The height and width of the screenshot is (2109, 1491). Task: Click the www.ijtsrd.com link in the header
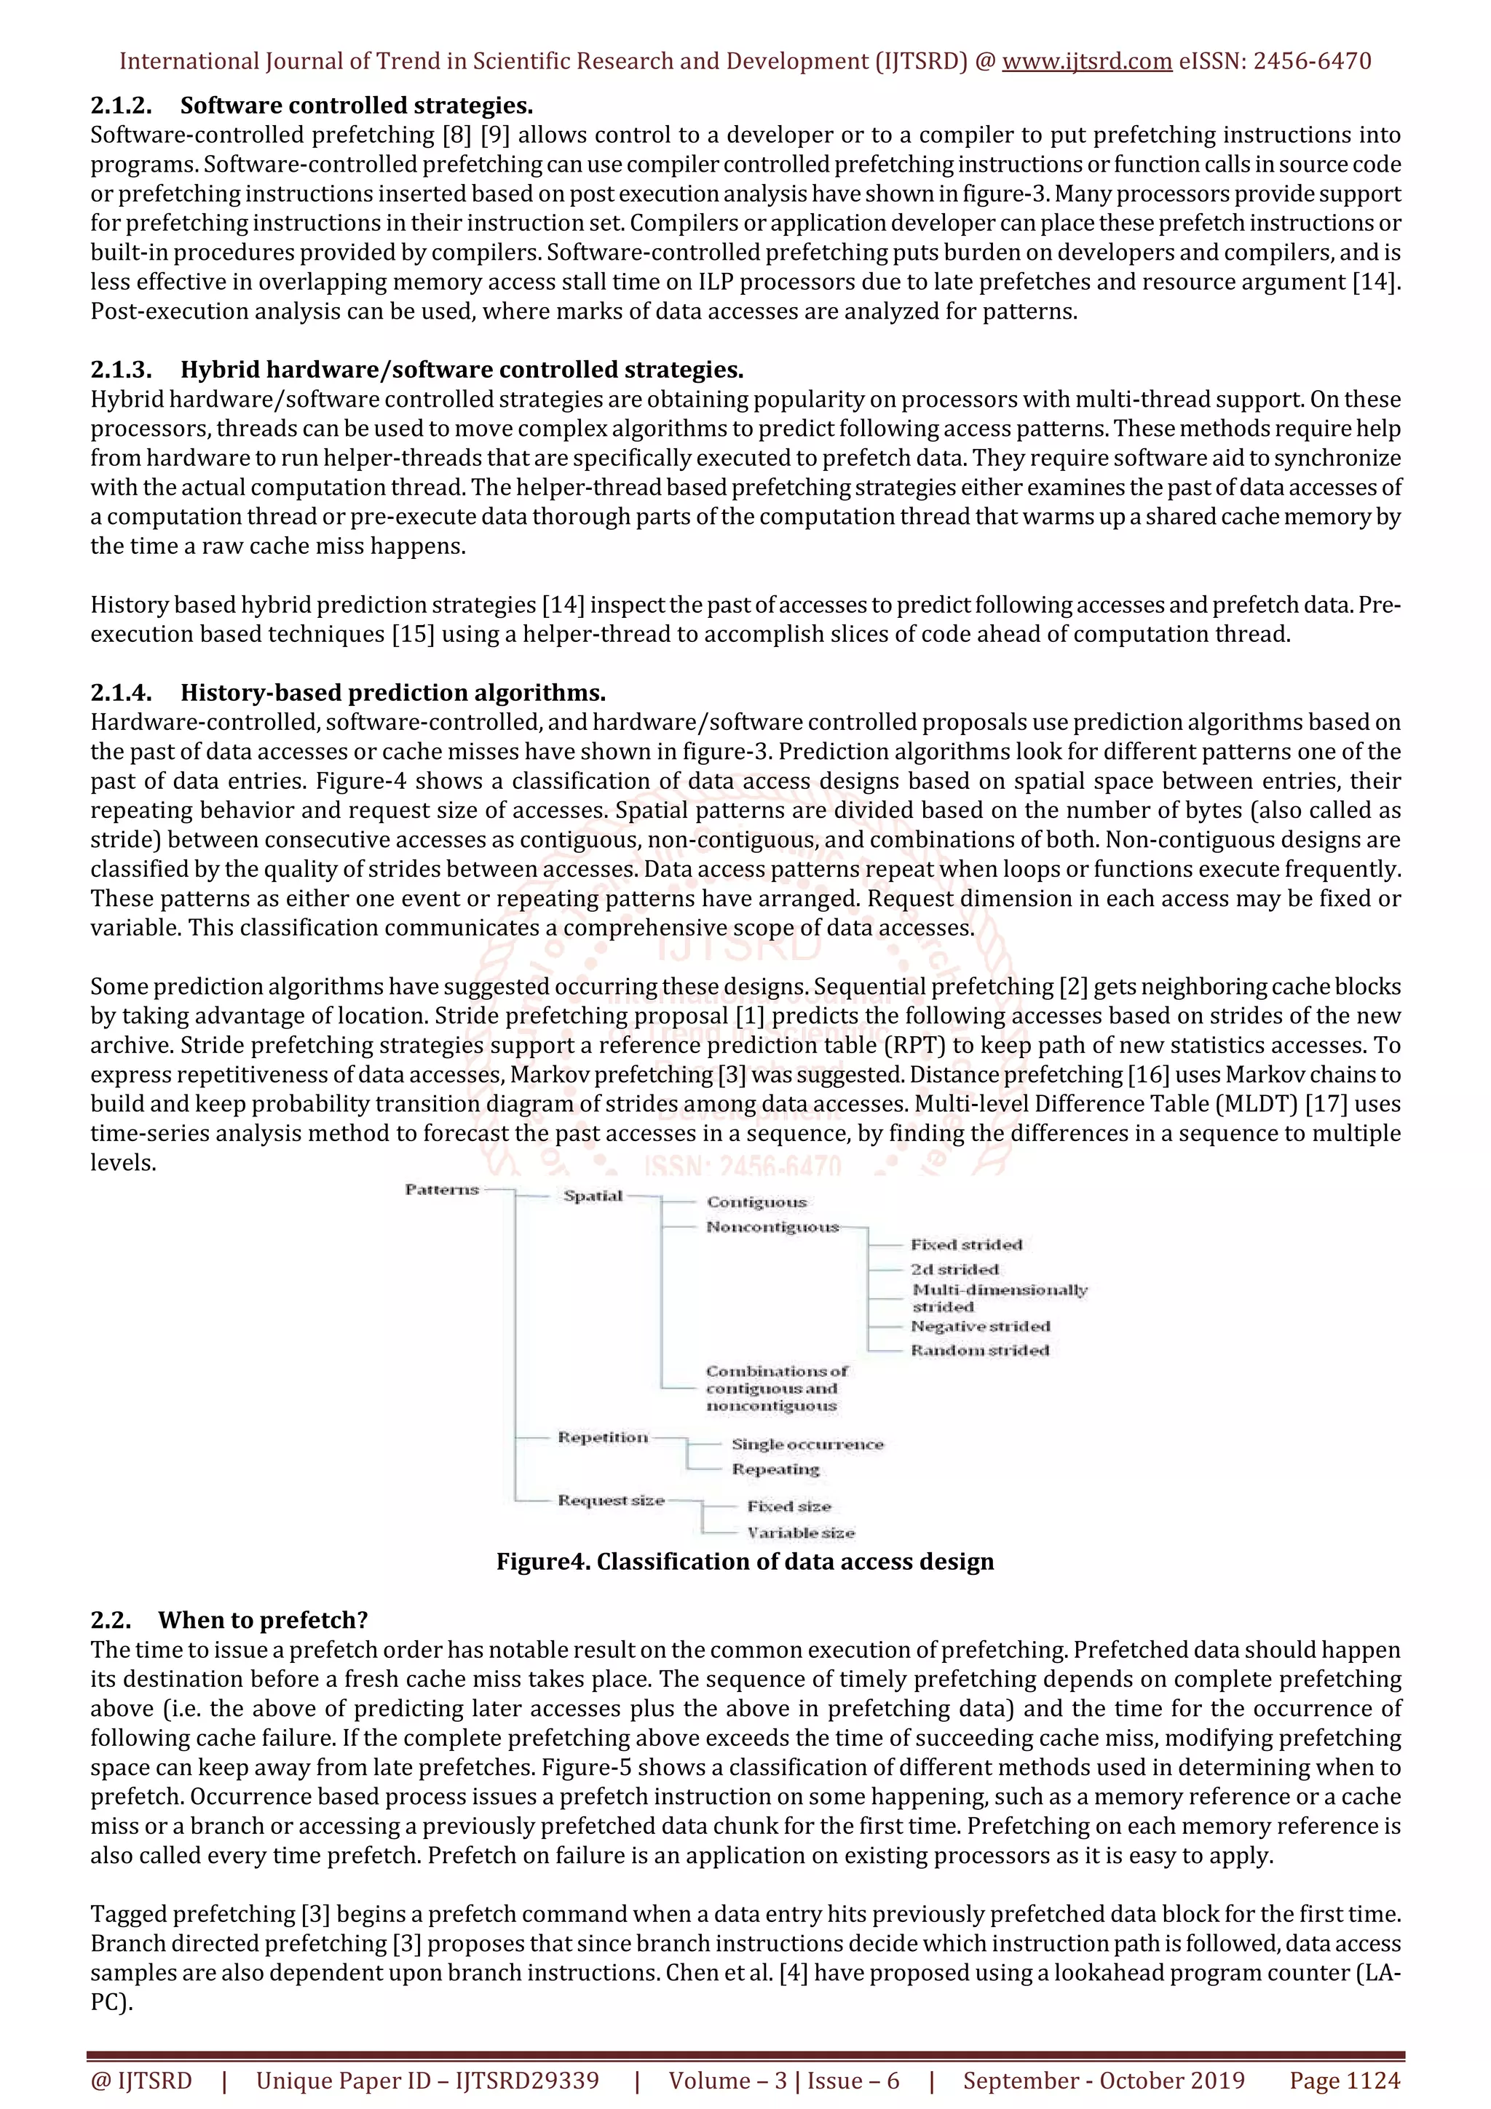tap(1086, 62)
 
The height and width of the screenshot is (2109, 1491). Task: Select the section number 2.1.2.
tap(120, 106)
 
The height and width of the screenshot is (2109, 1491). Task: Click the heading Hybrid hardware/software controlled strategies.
tap(461, 370)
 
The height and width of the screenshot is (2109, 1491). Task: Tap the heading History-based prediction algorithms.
tap(392, 693)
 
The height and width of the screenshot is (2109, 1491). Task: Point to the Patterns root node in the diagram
tap(442, 1190)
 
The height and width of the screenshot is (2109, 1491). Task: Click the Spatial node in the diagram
tap(593, 1196)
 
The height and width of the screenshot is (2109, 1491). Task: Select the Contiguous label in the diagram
tap(756, 1202)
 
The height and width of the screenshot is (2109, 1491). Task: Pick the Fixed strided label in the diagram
tap(965, 1244)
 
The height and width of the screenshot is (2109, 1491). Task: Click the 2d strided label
tap(954, 1269)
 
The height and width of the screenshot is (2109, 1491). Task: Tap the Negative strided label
tap(979, 1327)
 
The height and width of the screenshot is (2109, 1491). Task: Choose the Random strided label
tap(979, 1350)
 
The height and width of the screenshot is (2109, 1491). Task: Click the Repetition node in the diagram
tap(603, 1437)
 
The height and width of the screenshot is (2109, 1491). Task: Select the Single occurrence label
tap(807, 1445)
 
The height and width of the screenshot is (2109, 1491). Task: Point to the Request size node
tap(611, 1500)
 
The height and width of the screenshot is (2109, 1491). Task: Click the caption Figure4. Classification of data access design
tap(745, 1562)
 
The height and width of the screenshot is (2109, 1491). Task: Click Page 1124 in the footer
tap(1344, 2081)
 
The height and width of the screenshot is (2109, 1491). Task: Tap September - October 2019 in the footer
tap(1103, 2081)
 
